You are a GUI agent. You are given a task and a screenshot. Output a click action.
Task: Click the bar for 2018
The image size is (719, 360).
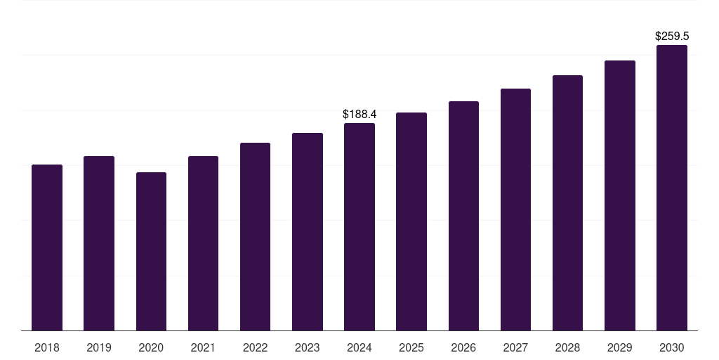coord(47,247)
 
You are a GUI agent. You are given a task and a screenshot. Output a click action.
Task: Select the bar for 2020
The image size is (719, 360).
coord(151,251)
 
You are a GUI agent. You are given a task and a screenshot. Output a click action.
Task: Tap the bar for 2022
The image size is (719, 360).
coord(255,236)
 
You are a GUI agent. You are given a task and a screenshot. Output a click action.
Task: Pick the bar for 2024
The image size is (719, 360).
coord(359,226)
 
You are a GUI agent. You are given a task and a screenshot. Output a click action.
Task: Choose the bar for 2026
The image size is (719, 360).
coord(463,216)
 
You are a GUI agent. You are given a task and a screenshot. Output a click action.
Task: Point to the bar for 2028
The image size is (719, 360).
coord(567,202)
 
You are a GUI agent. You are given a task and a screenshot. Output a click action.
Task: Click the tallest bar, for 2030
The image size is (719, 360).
coord(671,188)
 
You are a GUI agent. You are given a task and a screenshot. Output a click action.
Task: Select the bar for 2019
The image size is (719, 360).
coord(99,243)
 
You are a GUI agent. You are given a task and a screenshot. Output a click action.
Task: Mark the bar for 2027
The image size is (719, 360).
coord(515,210)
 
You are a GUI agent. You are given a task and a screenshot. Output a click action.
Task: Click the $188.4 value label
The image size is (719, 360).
coord(359,114)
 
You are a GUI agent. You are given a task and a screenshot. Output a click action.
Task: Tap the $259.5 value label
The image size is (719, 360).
coord(671,36)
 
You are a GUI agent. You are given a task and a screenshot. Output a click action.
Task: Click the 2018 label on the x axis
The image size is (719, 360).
coord(47,347)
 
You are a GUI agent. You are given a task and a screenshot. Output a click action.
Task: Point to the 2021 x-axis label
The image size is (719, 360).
coord(203,347)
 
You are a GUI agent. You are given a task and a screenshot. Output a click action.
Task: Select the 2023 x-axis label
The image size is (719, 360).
coord(307,347)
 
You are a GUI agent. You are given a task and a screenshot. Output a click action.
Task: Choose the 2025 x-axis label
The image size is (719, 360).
coord(411,347)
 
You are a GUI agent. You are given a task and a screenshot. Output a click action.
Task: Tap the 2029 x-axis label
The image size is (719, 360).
coord(619,347)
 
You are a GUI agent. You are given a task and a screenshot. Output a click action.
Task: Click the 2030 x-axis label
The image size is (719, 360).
coord(671,347)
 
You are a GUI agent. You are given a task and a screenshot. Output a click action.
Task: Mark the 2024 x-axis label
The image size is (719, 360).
coord(359,347)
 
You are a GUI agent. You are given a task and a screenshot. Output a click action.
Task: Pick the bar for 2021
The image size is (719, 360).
coord(203,243)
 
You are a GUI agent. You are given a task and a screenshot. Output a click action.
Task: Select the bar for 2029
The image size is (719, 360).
coord(619,195)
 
